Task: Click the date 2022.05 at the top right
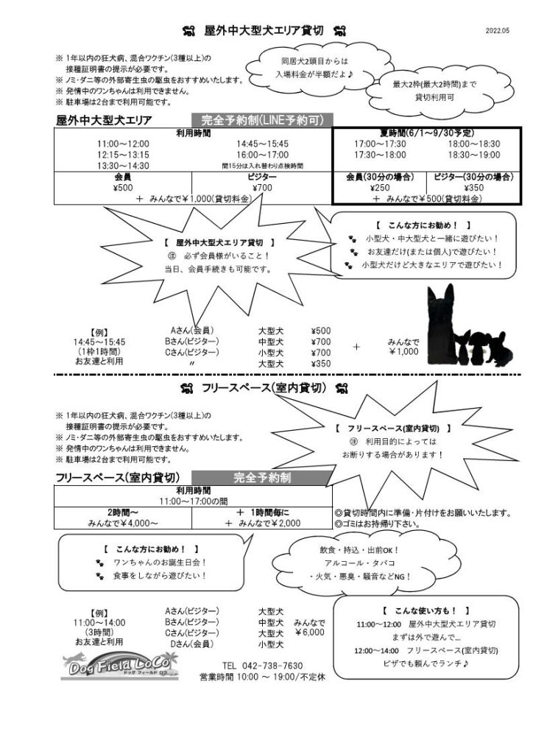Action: click(x=497, y=31)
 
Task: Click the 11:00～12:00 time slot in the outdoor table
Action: click(x=123, y=144)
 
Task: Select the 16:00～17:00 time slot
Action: click(x=262, y=155)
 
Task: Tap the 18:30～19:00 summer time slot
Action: click(x=474, y=155)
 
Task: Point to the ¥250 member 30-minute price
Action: click(x=380, y=188)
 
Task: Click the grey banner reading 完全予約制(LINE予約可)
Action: click(x=262, y=120)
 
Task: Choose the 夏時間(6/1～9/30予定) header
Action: click(x=427, y=133)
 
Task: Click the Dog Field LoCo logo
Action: click(x=120, y=665)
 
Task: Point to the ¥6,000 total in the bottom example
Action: click(x=309, y=633)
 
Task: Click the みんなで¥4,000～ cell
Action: click(x=123, y=524)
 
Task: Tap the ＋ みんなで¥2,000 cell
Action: click(x=262, y=524)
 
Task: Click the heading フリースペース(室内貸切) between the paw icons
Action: click(x=264, y=388)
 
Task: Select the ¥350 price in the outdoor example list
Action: click(x=320, y=364)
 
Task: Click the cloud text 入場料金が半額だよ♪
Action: click(x=315, y=74)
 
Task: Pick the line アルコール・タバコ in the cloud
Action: click(x=359, y=563)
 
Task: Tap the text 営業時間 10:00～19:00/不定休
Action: click(x=262, y=677)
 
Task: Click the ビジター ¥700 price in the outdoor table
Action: click(x=262, y=188)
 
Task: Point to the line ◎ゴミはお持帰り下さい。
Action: click(x=378, y=524)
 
